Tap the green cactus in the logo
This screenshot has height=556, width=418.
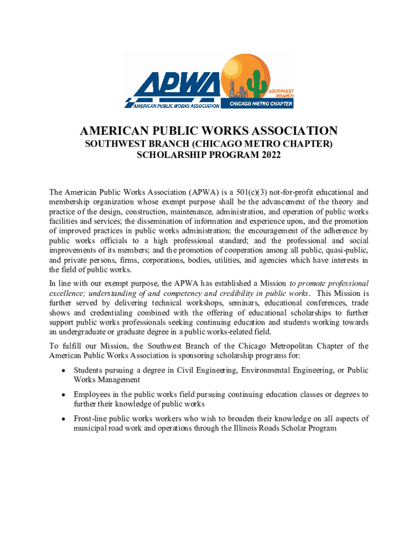pyautogui.click(x=254, y=84)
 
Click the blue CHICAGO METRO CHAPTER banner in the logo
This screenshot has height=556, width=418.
pyautogui.click(x=262, y=104)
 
